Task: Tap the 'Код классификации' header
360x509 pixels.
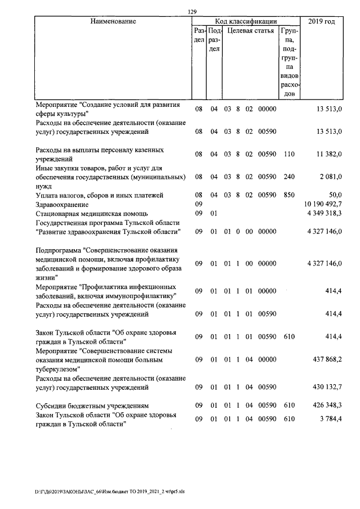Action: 245,21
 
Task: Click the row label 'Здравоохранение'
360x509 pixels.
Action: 62,204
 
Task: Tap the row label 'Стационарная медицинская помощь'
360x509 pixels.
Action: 92,214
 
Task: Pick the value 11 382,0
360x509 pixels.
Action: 329,154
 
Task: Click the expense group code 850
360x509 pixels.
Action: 289,195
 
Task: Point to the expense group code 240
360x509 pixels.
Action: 289,177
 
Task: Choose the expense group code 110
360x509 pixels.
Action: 289,154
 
